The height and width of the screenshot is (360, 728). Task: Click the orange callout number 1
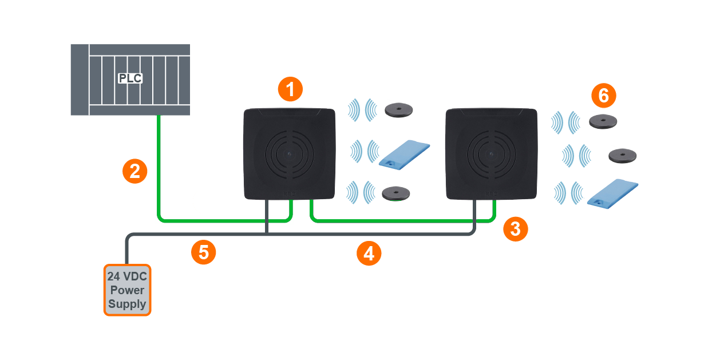(290, 89)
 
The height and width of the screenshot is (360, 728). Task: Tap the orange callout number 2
(134, 171)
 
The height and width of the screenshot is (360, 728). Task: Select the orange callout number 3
(515, 229)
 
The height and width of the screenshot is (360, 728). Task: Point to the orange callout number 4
(369, 252)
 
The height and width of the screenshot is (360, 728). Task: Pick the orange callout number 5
(203, 252)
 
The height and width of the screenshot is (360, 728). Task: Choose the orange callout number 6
(603, 96)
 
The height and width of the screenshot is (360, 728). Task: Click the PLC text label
(130, 78)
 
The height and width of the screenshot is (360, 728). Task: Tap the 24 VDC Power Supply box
(127, 290)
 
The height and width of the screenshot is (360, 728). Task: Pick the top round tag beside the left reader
(399, 110)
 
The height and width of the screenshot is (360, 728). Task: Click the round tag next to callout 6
(605, 121)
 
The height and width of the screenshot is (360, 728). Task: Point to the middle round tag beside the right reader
(622, 155)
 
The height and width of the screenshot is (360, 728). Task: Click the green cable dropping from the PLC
(159, 166)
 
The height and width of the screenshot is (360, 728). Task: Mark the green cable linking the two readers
(401, 220)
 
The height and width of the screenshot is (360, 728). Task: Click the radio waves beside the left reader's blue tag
(364, 152)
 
